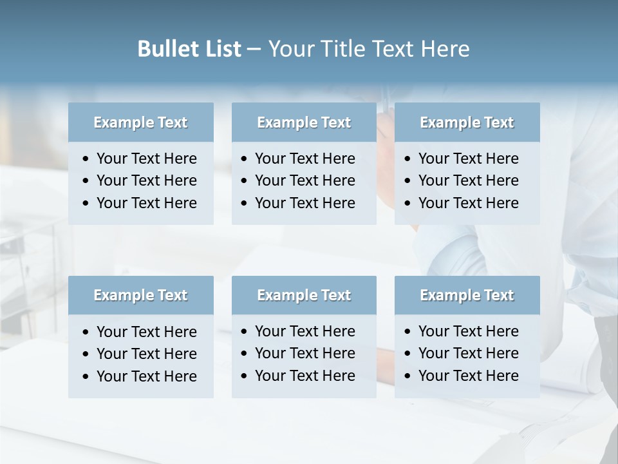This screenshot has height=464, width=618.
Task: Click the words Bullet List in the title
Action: click(189, 49)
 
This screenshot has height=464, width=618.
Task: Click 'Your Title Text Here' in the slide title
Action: click(368, 49)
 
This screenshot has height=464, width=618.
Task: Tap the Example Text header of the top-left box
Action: click(140, 122)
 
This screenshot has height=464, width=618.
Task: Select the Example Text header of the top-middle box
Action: click(304, 122)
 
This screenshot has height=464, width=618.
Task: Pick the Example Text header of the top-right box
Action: click(467, 122)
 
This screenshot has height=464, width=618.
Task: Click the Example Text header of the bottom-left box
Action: click(140, 295)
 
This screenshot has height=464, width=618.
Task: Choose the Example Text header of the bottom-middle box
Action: click(304, 295)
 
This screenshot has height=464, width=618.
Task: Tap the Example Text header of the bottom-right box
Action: click(467, 295)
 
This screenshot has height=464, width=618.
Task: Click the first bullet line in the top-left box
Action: click(146, 159)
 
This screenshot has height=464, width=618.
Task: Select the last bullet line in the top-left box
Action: click(146, 203)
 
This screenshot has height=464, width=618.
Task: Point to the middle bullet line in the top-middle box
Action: click(304, 180)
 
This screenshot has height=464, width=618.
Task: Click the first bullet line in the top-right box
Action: click(468, 159)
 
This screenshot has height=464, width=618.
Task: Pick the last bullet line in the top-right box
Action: click(468, 203)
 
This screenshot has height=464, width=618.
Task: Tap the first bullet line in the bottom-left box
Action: click(146, 332)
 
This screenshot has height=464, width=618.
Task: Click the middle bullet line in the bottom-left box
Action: click(146, 354)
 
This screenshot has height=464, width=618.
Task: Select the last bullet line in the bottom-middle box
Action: click(304, 376)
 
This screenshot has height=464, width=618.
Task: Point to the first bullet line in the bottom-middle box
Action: click(304, 331)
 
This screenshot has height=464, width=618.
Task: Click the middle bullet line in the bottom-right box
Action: click(468, 353)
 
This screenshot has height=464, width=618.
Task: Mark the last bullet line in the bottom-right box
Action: click(468, 376)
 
